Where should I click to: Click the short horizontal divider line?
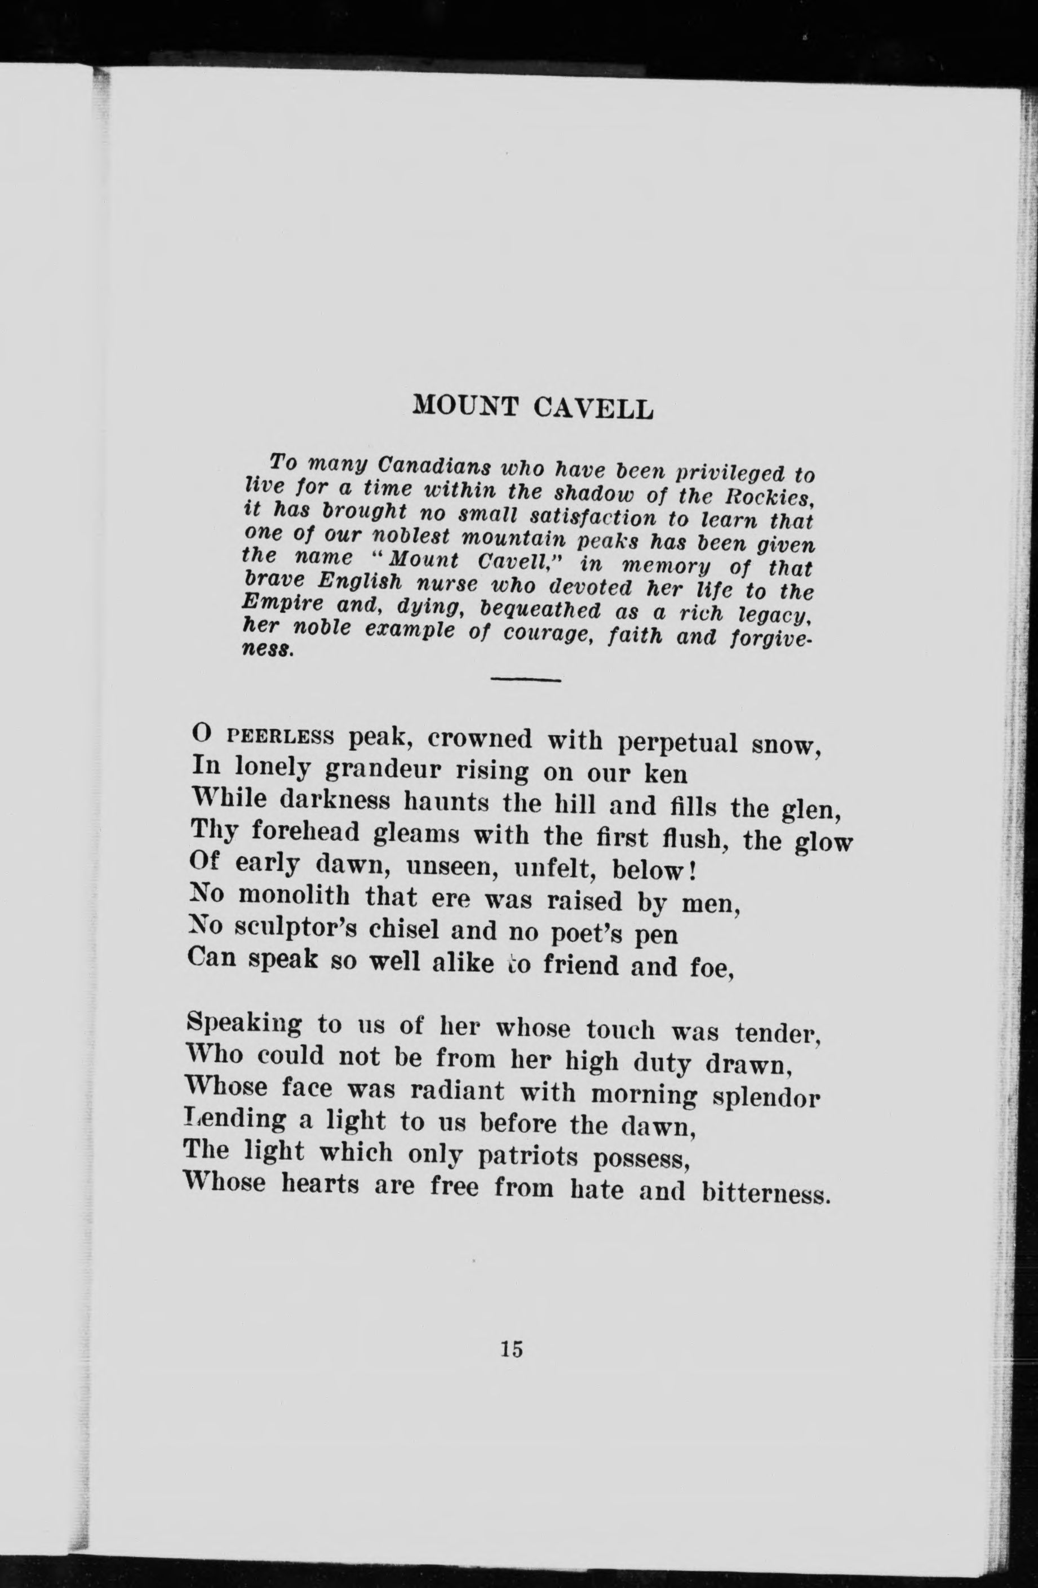[526, 680]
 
